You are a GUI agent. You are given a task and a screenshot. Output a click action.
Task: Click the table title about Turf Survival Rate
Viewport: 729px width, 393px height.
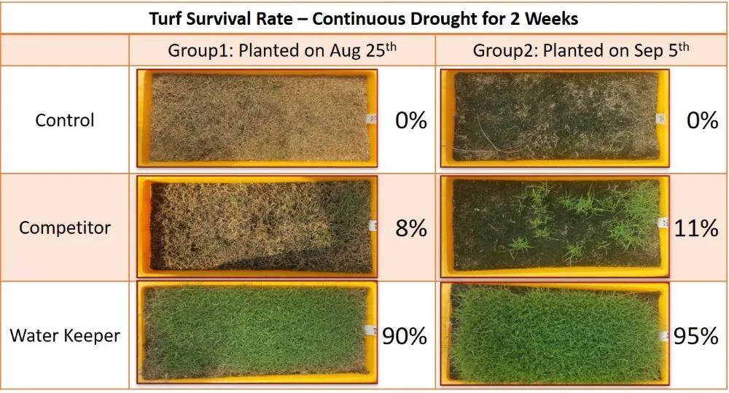pyautogui.click(x=364, y=17)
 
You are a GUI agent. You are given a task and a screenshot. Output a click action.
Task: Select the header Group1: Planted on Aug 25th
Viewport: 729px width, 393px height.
pyautogui.click(x=282, y=50)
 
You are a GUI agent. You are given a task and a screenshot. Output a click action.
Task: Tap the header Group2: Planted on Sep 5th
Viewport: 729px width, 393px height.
pyautogui.click(x=581, y=50)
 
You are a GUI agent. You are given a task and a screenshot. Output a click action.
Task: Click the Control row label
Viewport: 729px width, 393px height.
pyautogui.click(x=65, y=120)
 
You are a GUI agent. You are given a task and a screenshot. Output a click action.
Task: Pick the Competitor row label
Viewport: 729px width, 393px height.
pyautogui.click(x=65, y=227)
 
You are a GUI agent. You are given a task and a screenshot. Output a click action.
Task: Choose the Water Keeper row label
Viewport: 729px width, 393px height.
pyautogui.click(x=65, y=335)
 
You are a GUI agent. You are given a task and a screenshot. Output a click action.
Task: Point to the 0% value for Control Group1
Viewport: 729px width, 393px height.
pyautogui.click(x=410, y=120)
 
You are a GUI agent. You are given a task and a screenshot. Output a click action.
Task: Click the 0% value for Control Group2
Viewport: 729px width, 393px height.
pyautogui.click(x=702, y=120)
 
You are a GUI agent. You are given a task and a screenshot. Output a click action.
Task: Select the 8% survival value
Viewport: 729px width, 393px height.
pyautogui.click(x=410, y=228)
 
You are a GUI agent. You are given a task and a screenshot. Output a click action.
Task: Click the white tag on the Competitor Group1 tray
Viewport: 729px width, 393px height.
pyautogui.click(x=372, y=225)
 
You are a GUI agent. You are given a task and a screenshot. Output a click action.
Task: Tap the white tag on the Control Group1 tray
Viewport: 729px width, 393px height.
pyautogui.click(x=368, y=119)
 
